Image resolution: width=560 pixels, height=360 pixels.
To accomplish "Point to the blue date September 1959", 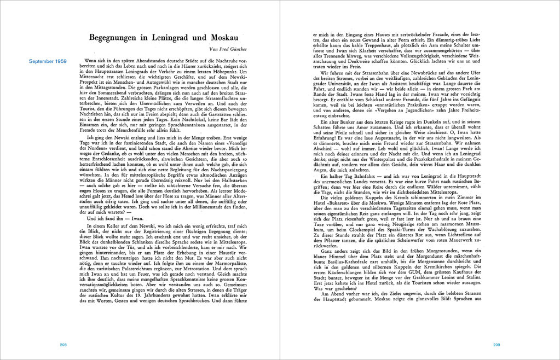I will [x=48, y=61].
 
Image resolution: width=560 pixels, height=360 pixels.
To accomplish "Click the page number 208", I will [x=63, y=345].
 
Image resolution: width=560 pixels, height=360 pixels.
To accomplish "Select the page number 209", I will [x=497, y=345].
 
